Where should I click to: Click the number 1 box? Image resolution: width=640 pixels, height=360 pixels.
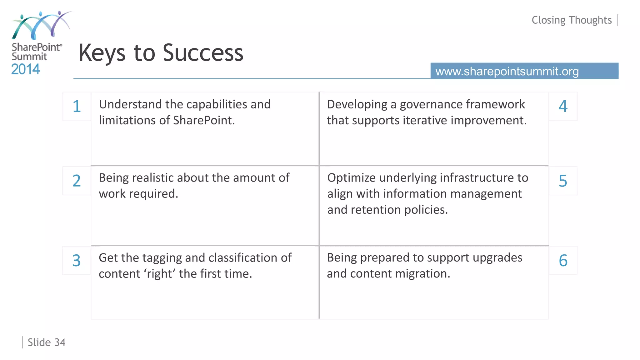click(77, 106)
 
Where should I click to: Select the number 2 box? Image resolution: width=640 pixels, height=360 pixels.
click(77, 181)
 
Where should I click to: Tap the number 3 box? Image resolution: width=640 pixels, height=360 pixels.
click(77, 261)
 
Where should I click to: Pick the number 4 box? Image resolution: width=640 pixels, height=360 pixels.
click(563, 106)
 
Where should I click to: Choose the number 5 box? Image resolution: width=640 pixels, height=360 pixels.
click(563, 181)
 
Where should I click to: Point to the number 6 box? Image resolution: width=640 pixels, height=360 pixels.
click(563, 261)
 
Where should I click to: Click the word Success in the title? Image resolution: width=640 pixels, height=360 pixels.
click(203, 53)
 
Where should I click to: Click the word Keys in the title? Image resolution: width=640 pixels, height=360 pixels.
click(102, 53)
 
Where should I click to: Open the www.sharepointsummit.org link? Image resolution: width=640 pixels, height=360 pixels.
click(507, 71)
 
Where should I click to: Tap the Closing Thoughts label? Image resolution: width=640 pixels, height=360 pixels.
click(572, 20)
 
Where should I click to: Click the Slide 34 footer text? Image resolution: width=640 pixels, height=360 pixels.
click(47, 342)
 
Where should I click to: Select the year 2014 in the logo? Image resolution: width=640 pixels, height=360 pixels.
click(26, 69)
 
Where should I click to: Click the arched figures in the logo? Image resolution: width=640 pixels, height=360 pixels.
click(41, 25)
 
